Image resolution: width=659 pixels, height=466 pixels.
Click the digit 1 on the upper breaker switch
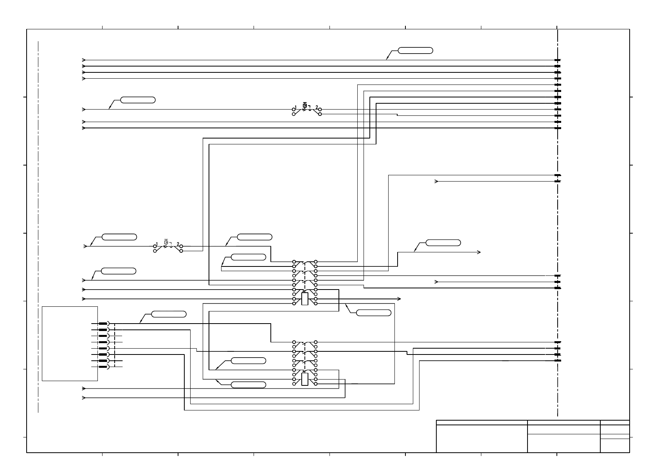coord(296,107)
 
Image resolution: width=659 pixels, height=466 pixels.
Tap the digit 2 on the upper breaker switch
coord(317,107)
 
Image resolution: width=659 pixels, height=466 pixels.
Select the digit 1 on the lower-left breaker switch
coord(157,244)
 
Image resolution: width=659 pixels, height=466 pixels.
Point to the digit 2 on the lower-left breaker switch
coord(178,244)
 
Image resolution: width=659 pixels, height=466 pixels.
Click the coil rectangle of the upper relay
coord(305,299)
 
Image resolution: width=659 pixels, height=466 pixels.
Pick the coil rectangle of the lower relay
coord(305,379)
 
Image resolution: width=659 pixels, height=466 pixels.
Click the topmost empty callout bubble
coord(415,50)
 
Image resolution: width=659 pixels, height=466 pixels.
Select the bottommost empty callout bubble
coord(248,385)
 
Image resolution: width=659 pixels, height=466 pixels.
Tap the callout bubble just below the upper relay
coord(374,313)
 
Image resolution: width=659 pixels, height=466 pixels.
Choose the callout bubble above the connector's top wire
coord(169,314)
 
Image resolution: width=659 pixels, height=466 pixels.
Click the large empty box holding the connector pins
coord(70,343)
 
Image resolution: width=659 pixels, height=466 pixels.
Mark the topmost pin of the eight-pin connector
coord(103,324)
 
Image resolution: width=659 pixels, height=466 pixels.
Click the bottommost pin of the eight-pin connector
coord(103,367)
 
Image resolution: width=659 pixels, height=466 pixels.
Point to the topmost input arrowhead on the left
coord(84,60)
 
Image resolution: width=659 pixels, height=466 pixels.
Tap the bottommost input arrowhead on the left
coord(84,398)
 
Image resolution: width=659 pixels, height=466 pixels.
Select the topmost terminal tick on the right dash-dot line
coord(558,60)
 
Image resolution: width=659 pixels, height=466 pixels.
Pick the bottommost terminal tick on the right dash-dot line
coord(558,360)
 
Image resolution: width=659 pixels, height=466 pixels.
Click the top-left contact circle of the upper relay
coord(294,262)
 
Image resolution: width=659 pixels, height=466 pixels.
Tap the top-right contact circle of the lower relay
coord(316,342)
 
